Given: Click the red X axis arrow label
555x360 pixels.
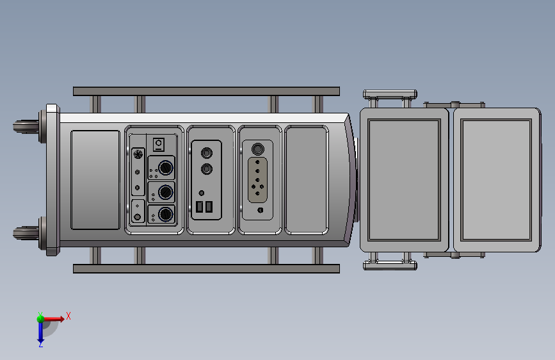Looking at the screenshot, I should [x=68, y=316].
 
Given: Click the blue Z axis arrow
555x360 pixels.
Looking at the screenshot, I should [x=40, y=332].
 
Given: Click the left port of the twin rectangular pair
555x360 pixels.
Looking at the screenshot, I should [x=200, y=207].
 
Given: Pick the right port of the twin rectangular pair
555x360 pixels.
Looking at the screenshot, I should [x=209, y=207].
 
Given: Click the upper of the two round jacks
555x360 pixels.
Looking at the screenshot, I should [x=207, y=153].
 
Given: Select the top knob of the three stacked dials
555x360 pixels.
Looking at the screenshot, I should [x=165, y=168].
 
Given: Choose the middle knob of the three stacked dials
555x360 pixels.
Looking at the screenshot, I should [x=165, y=192].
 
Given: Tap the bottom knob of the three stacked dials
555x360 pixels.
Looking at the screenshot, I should [x=165, y=215].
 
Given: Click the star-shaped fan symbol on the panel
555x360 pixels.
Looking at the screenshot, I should [x=137, y=154].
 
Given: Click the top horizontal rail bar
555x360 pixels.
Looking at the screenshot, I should [x=206, y=91].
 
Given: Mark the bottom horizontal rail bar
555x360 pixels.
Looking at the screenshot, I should [x=206, y=268].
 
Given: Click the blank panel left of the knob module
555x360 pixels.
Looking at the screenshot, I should [x=95, y=180].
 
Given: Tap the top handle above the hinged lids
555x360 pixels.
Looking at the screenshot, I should [x=390, y=95].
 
